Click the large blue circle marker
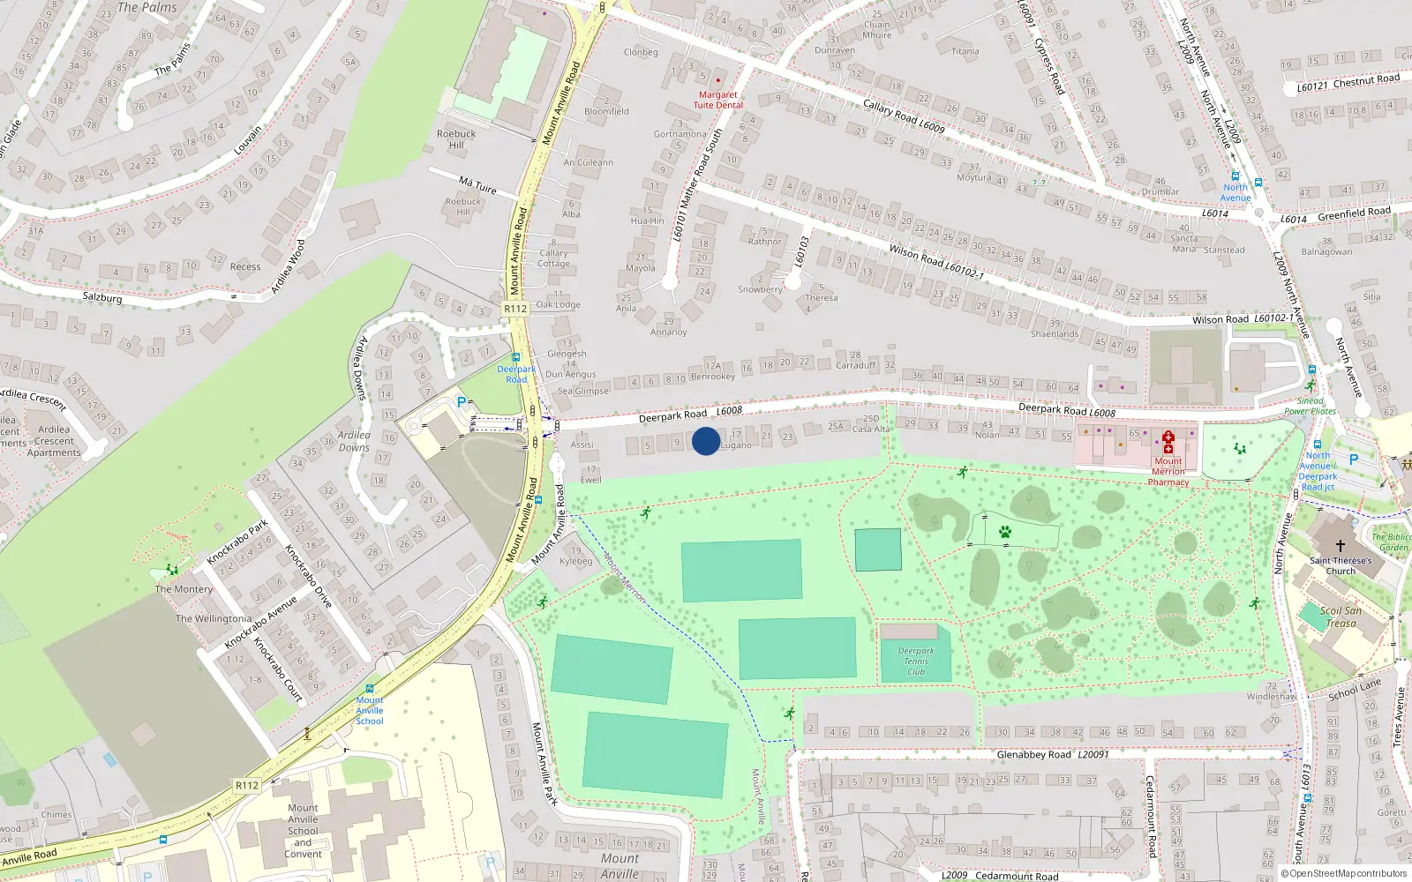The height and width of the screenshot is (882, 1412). [706, 441]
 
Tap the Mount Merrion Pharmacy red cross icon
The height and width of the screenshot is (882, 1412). [1168, 442]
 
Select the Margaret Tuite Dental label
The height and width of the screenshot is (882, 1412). [717, 100]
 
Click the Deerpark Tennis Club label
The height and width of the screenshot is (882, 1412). [916, 661]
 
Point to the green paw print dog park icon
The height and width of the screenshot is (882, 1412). [1004, 531]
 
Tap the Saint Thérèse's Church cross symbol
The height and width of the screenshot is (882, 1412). [1340, 546]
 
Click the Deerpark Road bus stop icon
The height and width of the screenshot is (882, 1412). [516, 358]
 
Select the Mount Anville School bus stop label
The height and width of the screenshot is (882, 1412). [370, 710]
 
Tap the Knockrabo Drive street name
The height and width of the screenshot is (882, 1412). [308, 576]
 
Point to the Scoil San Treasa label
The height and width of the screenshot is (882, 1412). [1341, 617]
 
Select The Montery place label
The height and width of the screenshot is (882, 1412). [184, 589]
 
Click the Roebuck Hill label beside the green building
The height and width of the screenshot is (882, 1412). [455, 139]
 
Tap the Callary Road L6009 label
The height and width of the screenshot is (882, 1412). [903, 116]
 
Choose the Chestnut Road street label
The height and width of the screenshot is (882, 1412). [1348, 83]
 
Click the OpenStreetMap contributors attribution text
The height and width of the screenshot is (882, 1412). [1344, 873]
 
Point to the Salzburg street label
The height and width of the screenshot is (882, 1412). [102, 297]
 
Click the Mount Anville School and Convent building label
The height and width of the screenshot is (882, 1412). [303, 831]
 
